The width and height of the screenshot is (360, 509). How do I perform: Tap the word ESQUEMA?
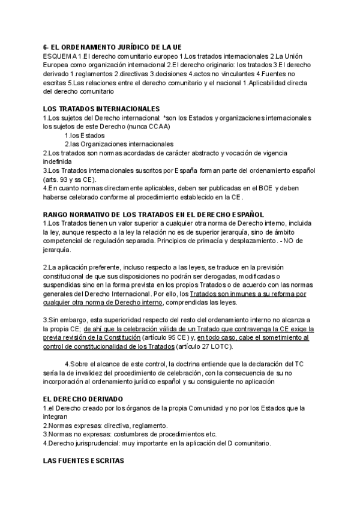click(59, 56)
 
